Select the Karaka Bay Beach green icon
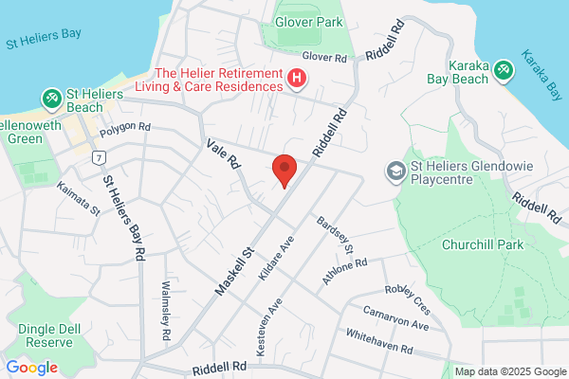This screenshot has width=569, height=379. click(x=502, y=69)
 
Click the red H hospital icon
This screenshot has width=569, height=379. click(x=298, y=78)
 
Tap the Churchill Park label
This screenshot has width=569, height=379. click(x=483, y=244)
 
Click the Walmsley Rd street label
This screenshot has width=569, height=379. click(x=165, y=303)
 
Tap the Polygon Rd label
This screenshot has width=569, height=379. click(x=125, y=127)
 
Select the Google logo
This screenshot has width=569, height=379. click(x=31, y=368)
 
